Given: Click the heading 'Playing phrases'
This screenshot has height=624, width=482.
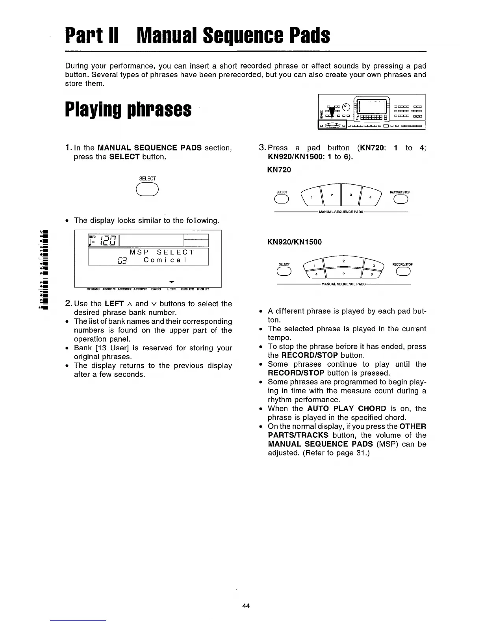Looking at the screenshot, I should [128, 110].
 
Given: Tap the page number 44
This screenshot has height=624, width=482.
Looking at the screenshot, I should [246, 606].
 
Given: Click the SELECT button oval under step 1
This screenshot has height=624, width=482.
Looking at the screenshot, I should [147, 190].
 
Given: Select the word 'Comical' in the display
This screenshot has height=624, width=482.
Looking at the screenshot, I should [168, 260].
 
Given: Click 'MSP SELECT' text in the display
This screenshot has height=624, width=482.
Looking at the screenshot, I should [162, 252].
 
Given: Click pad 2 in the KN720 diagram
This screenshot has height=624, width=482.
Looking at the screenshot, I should [332, 195].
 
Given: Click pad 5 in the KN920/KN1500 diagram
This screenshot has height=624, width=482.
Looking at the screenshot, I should [343, 273].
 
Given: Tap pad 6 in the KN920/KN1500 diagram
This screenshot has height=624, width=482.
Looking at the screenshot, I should [371, 275].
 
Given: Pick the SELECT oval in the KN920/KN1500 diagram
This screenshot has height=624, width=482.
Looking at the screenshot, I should [284, 271].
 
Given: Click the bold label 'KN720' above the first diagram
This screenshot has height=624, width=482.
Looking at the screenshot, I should [279, 170].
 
